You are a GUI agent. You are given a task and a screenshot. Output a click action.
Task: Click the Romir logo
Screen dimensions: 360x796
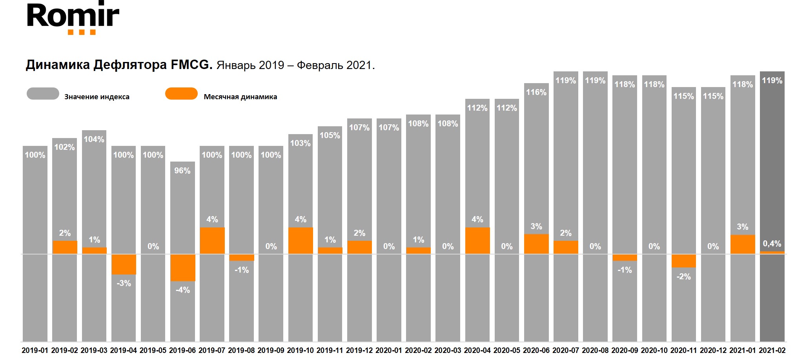pos(73,18)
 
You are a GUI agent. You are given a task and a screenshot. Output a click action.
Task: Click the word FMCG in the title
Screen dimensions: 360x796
pos(191,65)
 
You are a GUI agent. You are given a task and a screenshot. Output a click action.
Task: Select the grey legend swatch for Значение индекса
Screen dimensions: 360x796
pos(43,94)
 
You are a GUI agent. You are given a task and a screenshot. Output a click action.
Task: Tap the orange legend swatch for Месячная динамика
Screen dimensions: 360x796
pos(181,94)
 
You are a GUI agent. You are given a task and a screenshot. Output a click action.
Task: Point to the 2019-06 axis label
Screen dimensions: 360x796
pos(182,350)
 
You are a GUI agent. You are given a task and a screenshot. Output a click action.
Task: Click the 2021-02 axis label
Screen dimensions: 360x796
pos(772,350)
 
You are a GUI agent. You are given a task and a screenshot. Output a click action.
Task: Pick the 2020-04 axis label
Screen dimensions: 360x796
pos(477,350)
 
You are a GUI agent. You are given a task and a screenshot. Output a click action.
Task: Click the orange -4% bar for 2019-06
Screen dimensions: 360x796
pos(183,267)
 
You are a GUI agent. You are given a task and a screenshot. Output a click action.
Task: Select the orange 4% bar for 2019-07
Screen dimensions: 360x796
pos(212,240)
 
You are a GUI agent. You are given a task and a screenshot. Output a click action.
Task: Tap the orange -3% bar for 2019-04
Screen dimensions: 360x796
pos(124,264)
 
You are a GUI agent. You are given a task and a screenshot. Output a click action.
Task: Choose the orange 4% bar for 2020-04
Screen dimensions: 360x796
pos(477,240)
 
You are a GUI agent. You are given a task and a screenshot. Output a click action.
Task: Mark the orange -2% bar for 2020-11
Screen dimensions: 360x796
pos(683,261)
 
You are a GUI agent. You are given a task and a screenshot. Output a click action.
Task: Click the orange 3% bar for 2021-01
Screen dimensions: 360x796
pos(743,244)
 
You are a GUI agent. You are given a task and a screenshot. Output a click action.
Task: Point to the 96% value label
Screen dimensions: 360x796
pos(182,171)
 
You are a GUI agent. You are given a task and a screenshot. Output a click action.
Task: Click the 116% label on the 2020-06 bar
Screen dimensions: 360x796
pos(536,92)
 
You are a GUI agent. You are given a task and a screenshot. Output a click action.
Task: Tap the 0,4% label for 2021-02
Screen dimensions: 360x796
pos(772,244)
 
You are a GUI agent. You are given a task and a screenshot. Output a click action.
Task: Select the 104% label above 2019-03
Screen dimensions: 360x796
pos(94,139)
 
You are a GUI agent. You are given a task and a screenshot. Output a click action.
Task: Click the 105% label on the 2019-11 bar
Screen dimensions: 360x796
pos(330,135)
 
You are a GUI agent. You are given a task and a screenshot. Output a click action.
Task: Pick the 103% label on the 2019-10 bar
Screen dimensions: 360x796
pos(301,143)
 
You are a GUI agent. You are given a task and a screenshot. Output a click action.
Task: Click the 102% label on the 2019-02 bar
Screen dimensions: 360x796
pos(65,147)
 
